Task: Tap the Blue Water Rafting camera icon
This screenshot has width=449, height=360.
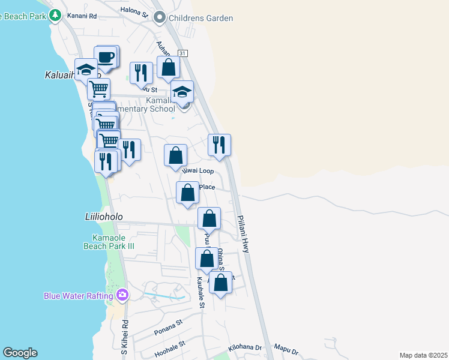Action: pos(122,295)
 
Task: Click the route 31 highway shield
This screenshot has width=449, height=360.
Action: pos(183,53)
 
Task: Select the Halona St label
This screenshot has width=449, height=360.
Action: pos(133,11)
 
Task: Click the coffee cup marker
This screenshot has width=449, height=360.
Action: pos(106,57)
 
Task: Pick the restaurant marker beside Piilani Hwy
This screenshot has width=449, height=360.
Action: pos(219,145)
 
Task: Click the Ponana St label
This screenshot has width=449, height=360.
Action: pos(169,324)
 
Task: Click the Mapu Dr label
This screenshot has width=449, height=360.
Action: pos(286,349)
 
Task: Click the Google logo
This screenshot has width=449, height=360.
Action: pos(20,353)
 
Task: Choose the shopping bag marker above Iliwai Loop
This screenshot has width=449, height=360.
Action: pos(176,155)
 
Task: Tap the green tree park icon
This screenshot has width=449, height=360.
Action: pos(55,15)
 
